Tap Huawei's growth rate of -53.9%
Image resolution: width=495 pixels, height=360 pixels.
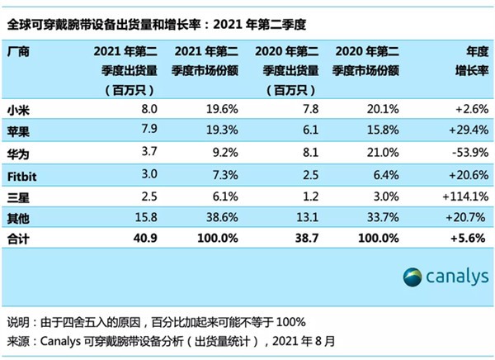(x=465, y=151)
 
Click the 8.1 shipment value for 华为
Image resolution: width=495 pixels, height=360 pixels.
(x=284, y=151)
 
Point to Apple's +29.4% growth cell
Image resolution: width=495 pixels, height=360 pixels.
(x=465, y=130)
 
